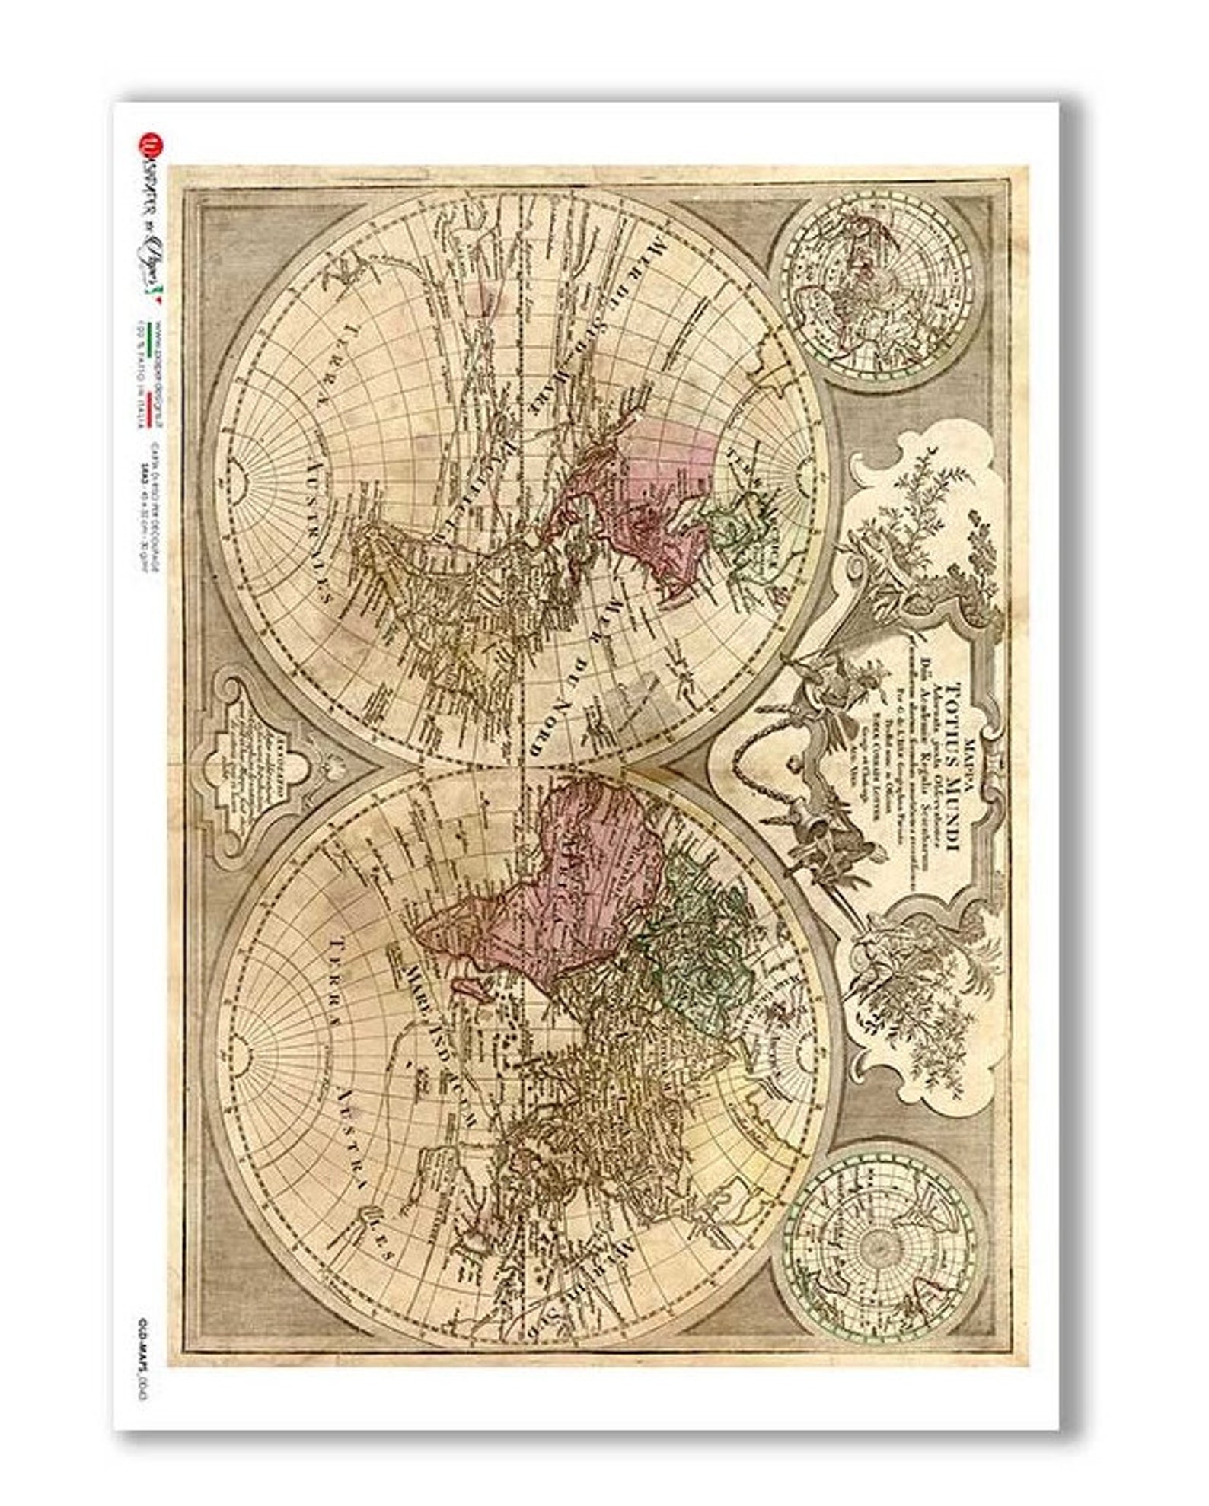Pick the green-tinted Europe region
coord(700,936)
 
